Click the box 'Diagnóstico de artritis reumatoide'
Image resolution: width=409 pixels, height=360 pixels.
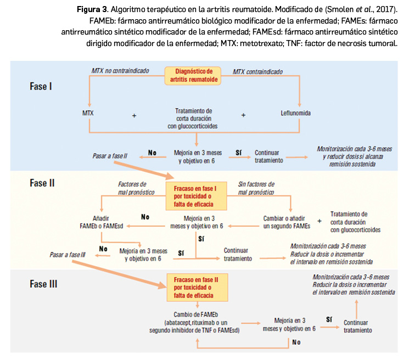tap(193, 76)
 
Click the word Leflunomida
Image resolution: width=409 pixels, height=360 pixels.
tap(295, 114)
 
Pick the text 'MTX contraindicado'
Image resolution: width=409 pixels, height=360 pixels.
tap(258, 71)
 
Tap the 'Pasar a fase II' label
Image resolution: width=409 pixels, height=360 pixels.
tap(110, 156)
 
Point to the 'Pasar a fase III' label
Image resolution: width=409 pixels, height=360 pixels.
tap(68, 255)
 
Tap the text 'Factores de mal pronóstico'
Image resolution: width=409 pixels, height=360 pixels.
tap(132, 188)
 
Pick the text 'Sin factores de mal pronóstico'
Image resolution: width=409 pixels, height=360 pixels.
tap(256, 188)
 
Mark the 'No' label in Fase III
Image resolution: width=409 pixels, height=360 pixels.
tap(297, 342)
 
